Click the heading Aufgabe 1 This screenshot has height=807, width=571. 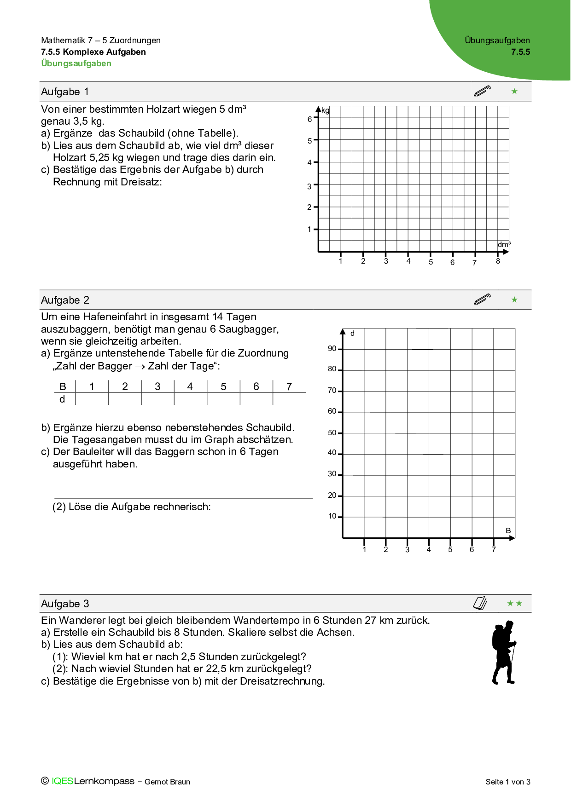(x=65, y=92)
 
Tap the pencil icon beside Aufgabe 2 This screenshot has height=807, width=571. (x=482, y=300)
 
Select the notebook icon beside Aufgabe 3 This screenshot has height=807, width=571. (x=480, y=603)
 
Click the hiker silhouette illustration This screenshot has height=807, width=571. (x=504, y=652)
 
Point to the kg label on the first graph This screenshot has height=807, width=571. (x=326, y=110)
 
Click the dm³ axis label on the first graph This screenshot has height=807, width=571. (x=504, y=244)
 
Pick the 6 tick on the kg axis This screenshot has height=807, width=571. (x=310, y=119)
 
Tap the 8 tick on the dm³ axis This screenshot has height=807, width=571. (x=498, y=261)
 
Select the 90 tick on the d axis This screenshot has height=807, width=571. (x=332, y=349)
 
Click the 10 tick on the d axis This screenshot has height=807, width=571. (x=332, y=516)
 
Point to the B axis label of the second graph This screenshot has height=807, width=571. (x=508, y=530)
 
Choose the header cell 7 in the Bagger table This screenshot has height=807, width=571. (x=289, y=386)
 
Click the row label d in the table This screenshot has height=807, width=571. (x=62, y=399)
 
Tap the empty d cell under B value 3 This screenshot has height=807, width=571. (x=157, y=399)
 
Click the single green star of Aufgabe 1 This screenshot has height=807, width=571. (x=514, y=92)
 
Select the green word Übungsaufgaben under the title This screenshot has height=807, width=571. (x=76, y=63)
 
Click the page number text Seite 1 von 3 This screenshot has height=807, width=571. (x=508, y=782)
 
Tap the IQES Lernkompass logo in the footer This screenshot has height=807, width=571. (x=93, y=781)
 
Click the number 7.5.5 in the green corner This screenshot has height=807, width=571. (x=520, y=52)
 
